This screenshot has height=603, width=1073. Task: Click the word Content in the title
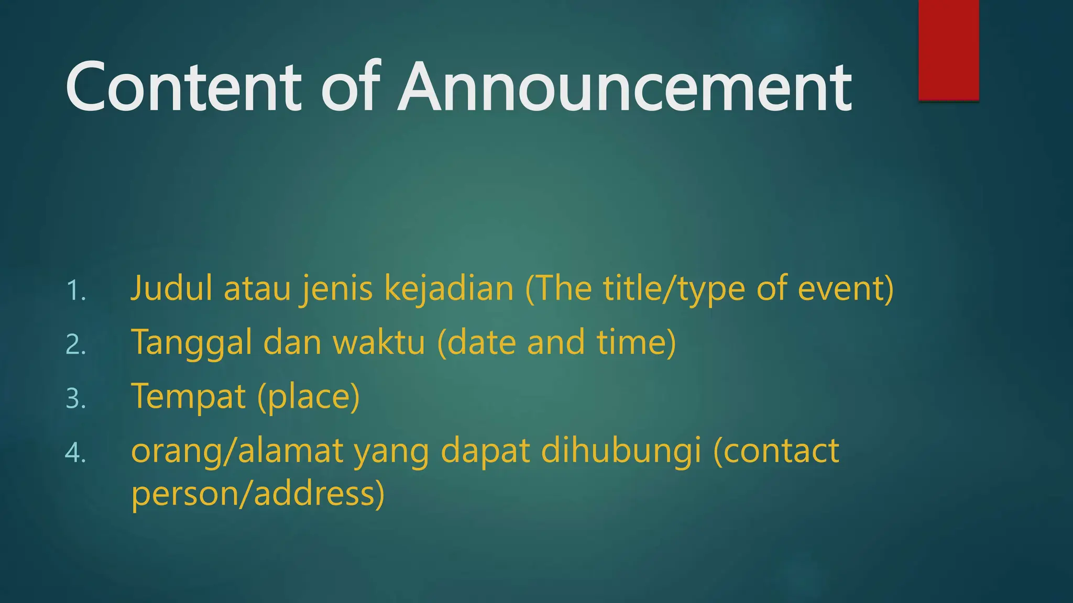point(183,87)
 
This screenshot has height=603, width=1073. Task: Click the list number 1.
point(76,291)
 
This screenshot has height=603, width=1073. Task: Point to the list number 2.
point(76,345)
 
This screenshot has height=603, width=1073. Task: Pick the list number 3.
point(76,399)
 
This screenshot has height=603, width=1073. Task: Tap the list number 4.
point(76,453)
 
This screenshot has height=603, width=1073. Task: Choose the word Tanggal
point(191,342)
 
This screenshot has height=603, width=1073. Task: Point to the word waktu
point(379,342)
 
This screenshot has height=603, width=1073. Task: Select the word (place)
point(309,396)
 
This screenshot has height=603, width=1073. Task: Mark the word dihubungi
point(621,451)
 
